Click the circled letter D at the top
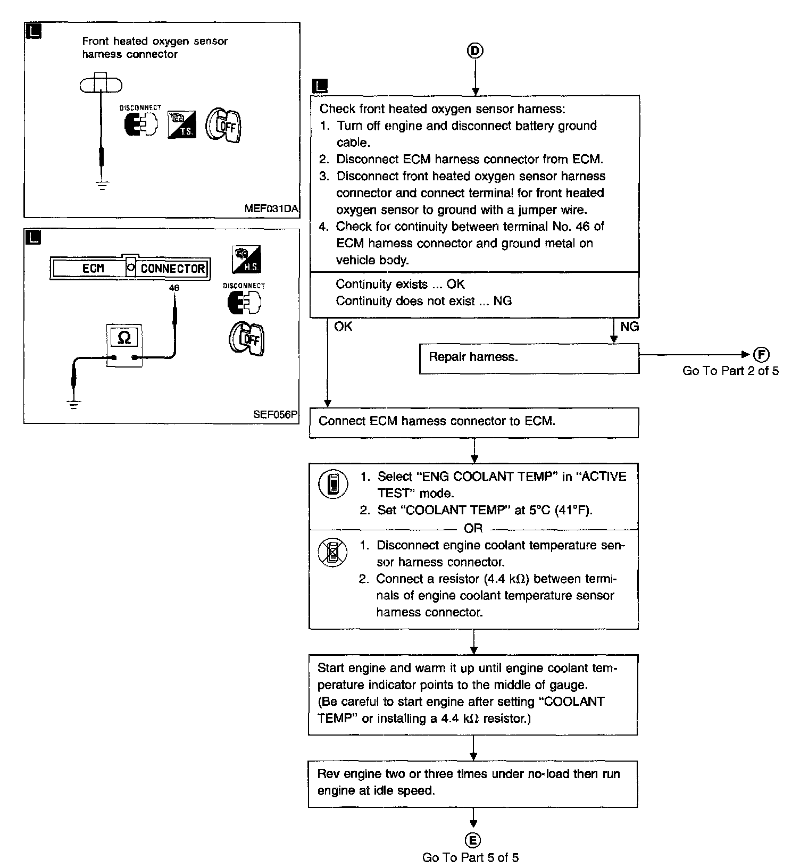click(x=475, y=51)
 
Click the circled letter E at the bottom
click(x=473, y=840)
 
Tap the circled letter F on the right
click(x=761, y=355)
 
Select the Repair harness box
click(x=529, y=358)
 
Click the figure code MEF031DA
click(x=271, y=208)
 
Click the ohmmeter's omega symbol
click(x=124, y=337)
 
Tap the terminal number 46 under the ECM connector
click(x=174, y=288)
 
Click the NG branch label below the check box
click(x=629, y=327)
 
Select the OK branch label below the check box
click(x=343, y=326)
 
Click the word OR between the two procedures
click(x=473, y=528)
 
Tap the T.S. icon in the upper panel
click(x=181, y=126)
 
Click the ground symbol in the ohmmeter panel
click(x=73, y=404)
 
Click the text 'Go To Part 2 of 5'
click(x=730, y=371)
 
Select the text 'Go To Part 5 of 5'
click(x=471, y=857)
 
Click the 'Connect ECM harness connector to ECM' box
click(x=474, y=423)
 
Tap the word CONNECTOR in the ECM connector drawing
click(x=173, y=269)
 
